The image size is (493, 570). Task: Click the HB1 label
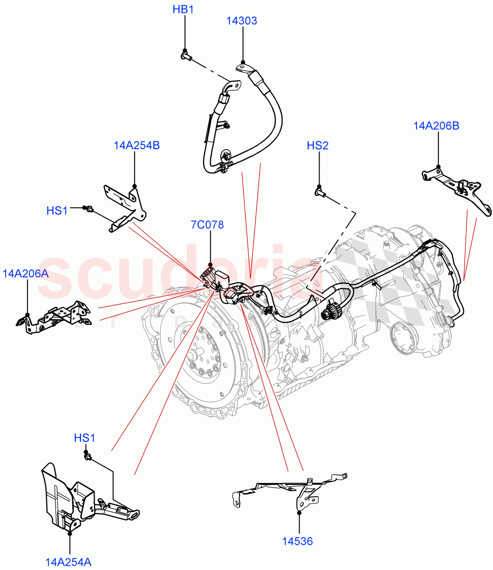[184, 9]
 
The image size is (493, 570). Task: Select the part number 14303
[242, 21]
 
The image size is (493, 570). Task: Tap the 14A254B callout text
[136, 145]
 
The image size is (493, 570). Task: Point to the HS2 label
[317, 145]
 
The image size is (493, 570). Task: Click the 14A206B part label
[436, 126]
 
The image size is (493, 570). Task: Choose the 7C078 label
[207, 225]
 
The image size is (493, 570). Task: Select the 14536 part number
[298, 541]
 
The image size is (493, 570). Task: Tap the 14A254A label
[68, 562]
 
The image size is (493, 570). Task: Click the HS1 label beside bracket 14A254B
[57, 210]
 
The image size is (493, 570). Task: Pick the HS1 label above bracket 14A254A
[85, 438]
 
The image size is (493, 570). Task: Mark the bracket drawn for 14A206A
[55, 316]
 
